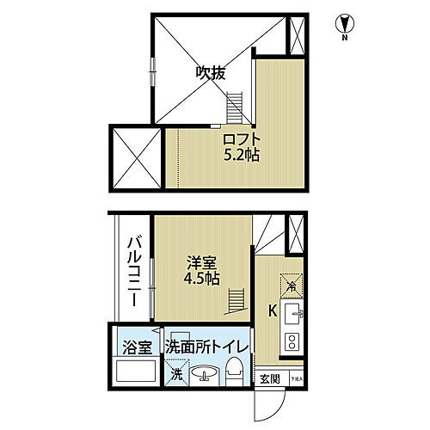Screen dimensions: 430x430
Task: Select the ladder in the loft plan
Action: point(236,108)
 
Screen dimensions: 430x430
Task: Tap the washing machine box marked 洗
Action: point(175,373)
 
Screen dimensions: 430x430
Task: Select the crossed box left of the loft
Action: point(135,158)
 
